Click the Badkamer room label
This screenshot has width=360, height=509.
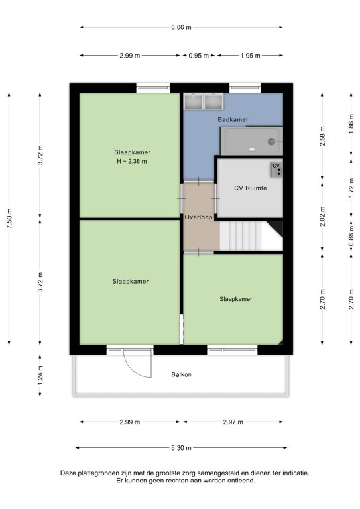pos(233,119)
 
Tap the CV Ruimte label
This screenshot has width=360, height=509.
pos(251,188)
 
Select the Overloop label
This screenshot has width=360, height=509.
pos(198,217)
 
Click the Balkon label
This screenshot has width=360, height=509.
pos(181,374)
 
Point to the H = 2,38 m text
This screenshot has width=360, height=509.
pos(132,161)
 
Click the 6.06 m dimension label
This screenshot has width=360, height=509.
pos(181,27)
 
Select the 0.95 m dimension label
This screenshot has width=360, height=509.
pos(198,56)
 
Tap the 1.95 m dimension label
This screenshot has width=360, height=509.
pos(251,56)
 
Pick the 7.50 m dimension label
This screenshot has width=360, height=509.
pos(9,218)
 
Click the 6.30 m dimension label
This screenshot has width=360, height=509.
pos(181,448)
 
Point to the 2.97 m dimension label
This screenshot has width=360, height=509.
pos(233,422)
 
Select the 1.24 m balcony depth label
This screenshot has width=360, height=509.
pos(40,376)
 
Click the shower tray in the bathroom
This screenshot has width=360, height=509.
pos(251,141)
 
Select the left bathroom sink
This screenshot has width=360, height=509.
pos(193,101)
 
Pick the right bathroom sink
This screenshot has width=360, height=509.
pos(213,101)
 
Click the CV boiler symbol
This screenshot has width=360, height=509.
pos(276,170)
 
